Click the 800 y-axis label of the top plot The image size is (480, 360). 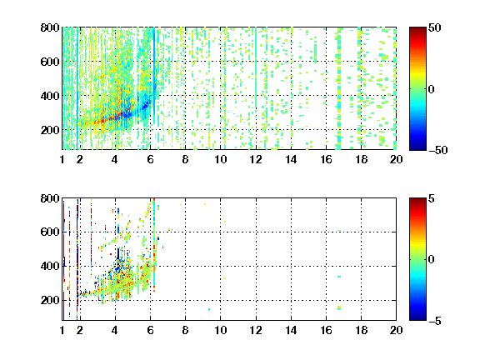50,27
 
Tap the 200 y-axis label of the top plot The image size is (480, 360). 50,130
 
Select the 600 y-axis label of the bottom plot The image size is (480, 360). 50,232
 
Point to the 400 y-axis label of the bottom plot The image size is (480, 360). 50,266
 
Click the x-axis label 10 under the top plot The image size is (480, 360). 220,159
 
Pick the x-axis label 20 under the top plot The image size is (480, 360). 396,159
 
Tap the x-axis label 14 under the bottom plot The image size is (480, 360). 291,330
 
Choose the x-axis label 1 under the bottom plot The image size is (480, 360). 62,330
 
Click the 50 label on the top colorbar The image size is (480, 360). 434,27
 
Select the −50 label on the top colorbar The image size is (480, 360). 437,150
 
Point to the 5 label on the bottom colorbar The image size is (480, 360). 432,198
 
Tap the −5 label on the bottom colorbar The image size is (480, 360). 435,321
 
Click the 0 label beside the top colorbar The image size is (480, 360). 431,89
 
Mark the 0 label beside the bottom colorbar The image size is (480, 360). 431,260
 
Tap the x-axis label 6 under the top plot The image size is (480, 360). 150,159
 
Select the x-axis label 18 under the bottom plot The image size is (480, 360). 361,330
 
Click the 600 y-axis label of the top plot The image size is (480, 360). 50,62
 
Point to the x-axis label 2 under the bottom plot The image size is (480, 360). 80,330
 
